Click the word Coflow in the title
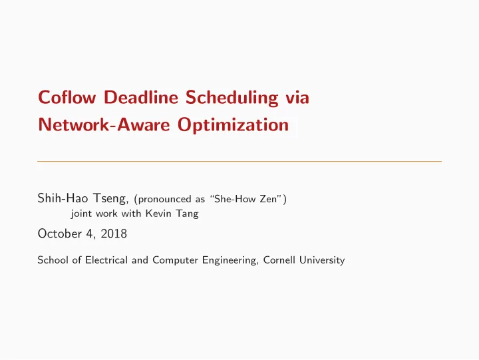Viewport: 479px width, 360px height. coord(67,97)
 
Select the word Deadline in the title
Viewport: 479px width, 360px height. coord(141,97)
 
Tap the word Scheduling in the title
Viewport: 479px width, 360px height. coord(232,98)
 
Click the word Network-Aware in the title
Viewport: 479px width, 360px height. coord(104,124)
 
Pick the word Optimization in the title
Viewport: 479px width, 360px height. coord(233,125)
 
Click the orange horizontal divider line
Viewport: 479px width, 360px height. coord(239,161)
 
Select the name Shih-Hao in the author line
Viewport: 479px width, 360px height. coord(63,198)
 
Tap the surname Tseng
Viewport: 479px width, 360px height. coord(110,199)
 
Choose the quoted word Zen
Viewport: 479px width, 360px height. coord(268,199)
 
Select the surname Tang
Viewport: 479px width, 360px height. coord(187,214)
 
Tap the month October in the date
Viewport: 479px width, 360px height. coord(60,234)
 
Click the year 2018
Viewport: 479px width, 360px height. coord(114,234)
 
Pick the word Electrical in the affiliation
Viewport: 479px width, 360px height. coord(106,260)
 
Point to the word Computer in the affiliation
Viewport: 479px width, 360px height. coord(175,260)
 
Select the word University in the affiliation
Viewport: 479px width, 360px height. coord(322,260)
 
